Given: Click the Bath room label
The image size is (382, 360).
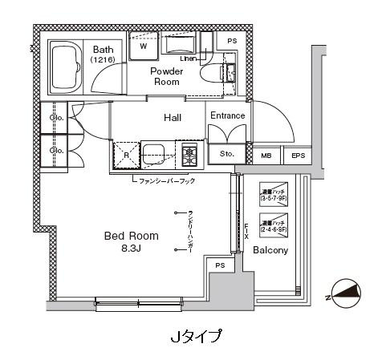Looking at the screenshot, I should tap(104, 48).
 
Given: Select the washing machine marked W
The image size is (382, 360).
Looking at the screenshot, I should tap(144, 46).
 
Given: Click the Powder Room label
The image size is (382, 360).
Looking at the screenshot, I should tap(168, 76).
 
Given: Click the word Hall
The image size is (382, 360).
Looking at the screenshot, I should tap(173, 118).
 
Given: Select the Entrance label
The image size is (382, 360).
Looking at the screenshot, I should tap(227, 116).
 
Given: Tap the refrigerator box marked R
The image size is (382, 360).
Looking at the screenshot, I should tap(125, 154).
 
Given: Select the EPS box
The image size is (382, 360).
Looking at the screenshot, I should tap(297, 156).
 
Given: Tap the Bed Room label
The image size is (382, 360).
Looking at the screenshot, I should tap(132, 236).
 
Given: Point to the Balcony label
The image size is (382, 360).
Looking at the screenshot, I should tap(270, 250).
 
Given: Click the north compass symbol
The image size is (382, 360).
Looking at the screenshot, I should tap(347, 297).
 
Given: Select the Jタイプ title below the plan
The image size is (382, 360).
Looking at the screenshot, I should tap(197, 335).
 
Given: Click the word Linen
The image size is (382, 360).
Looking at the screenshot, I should tap(189, 59).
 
